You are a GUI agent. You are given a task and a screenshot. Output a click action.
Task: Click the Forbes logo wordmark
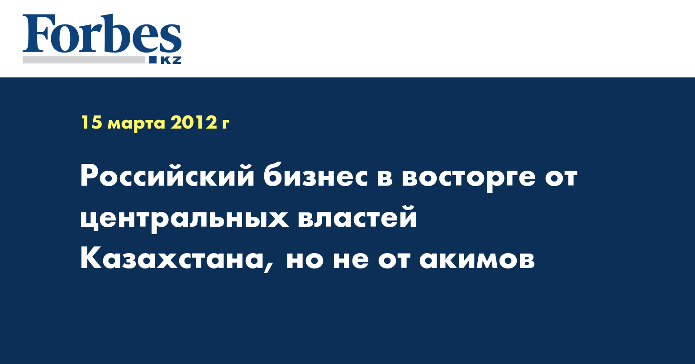coord(102,34)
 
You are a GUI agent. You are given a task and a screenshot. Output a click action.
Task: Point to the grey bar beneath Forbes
coord(83,60)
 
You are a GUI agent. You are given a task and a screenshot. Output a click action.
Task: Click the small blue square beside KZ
coord(152,60)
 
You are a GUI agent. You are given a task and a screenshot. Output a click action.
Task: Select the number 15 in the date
coord(91,122)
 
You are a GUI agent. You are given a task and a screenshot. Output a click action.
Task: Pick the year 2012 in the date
coord(193,122)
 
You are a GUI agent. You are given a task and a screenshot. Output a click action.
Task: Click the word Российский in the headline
coord(167,176)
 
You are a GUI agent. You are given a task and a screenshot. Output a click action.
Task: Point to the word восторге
coord(468,178)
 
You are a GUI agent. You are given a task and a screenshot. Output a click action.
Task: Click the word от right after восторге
coord(561,177)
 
